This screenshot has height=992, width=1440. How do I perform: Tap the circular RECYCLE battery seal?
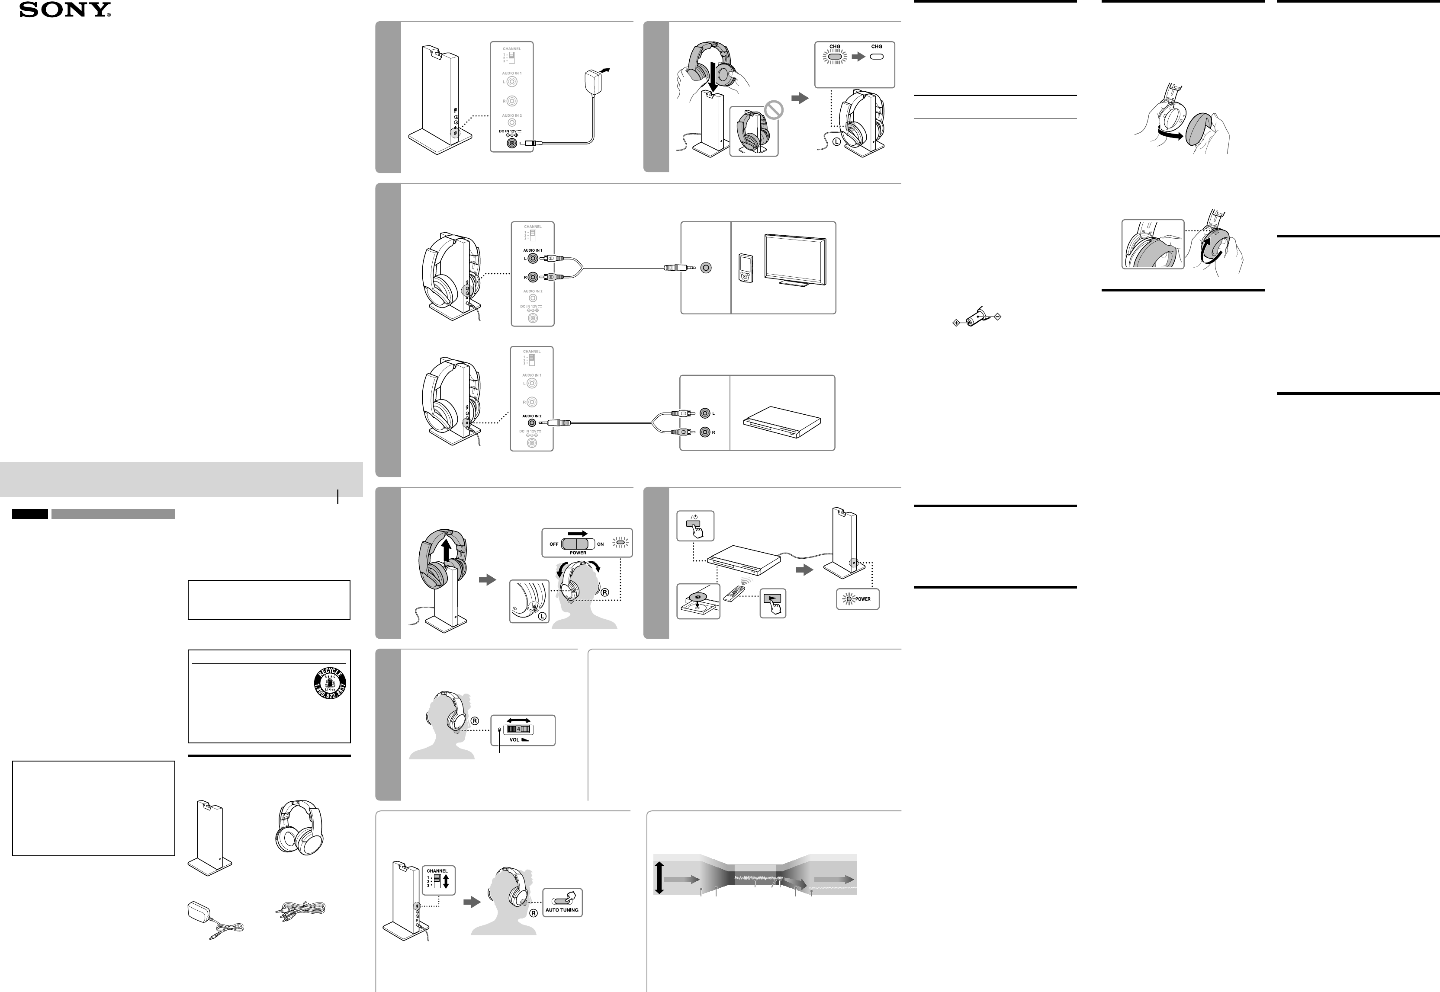(330, 685)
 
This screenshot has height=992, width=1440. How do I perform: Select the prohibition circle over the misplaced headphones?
(774, 110)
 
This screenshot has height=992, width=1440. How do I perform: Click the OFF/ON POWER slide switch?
(578, 544)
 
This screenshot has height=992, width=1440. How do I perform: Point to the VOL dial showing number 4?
(518, 729)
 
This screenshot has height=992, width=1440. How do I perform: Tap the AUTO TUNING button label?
(562, 910)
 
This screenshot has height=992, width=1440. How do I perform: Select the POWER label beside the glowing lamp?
(863, 599)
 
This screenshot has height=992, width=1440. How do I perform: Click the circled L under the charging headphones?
(836, 142)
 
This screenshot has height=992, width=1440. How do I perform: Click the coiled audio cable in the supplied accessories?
(300, 911)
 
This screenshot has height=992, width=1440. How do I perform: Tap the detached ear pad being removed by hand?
(1201, 129)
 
